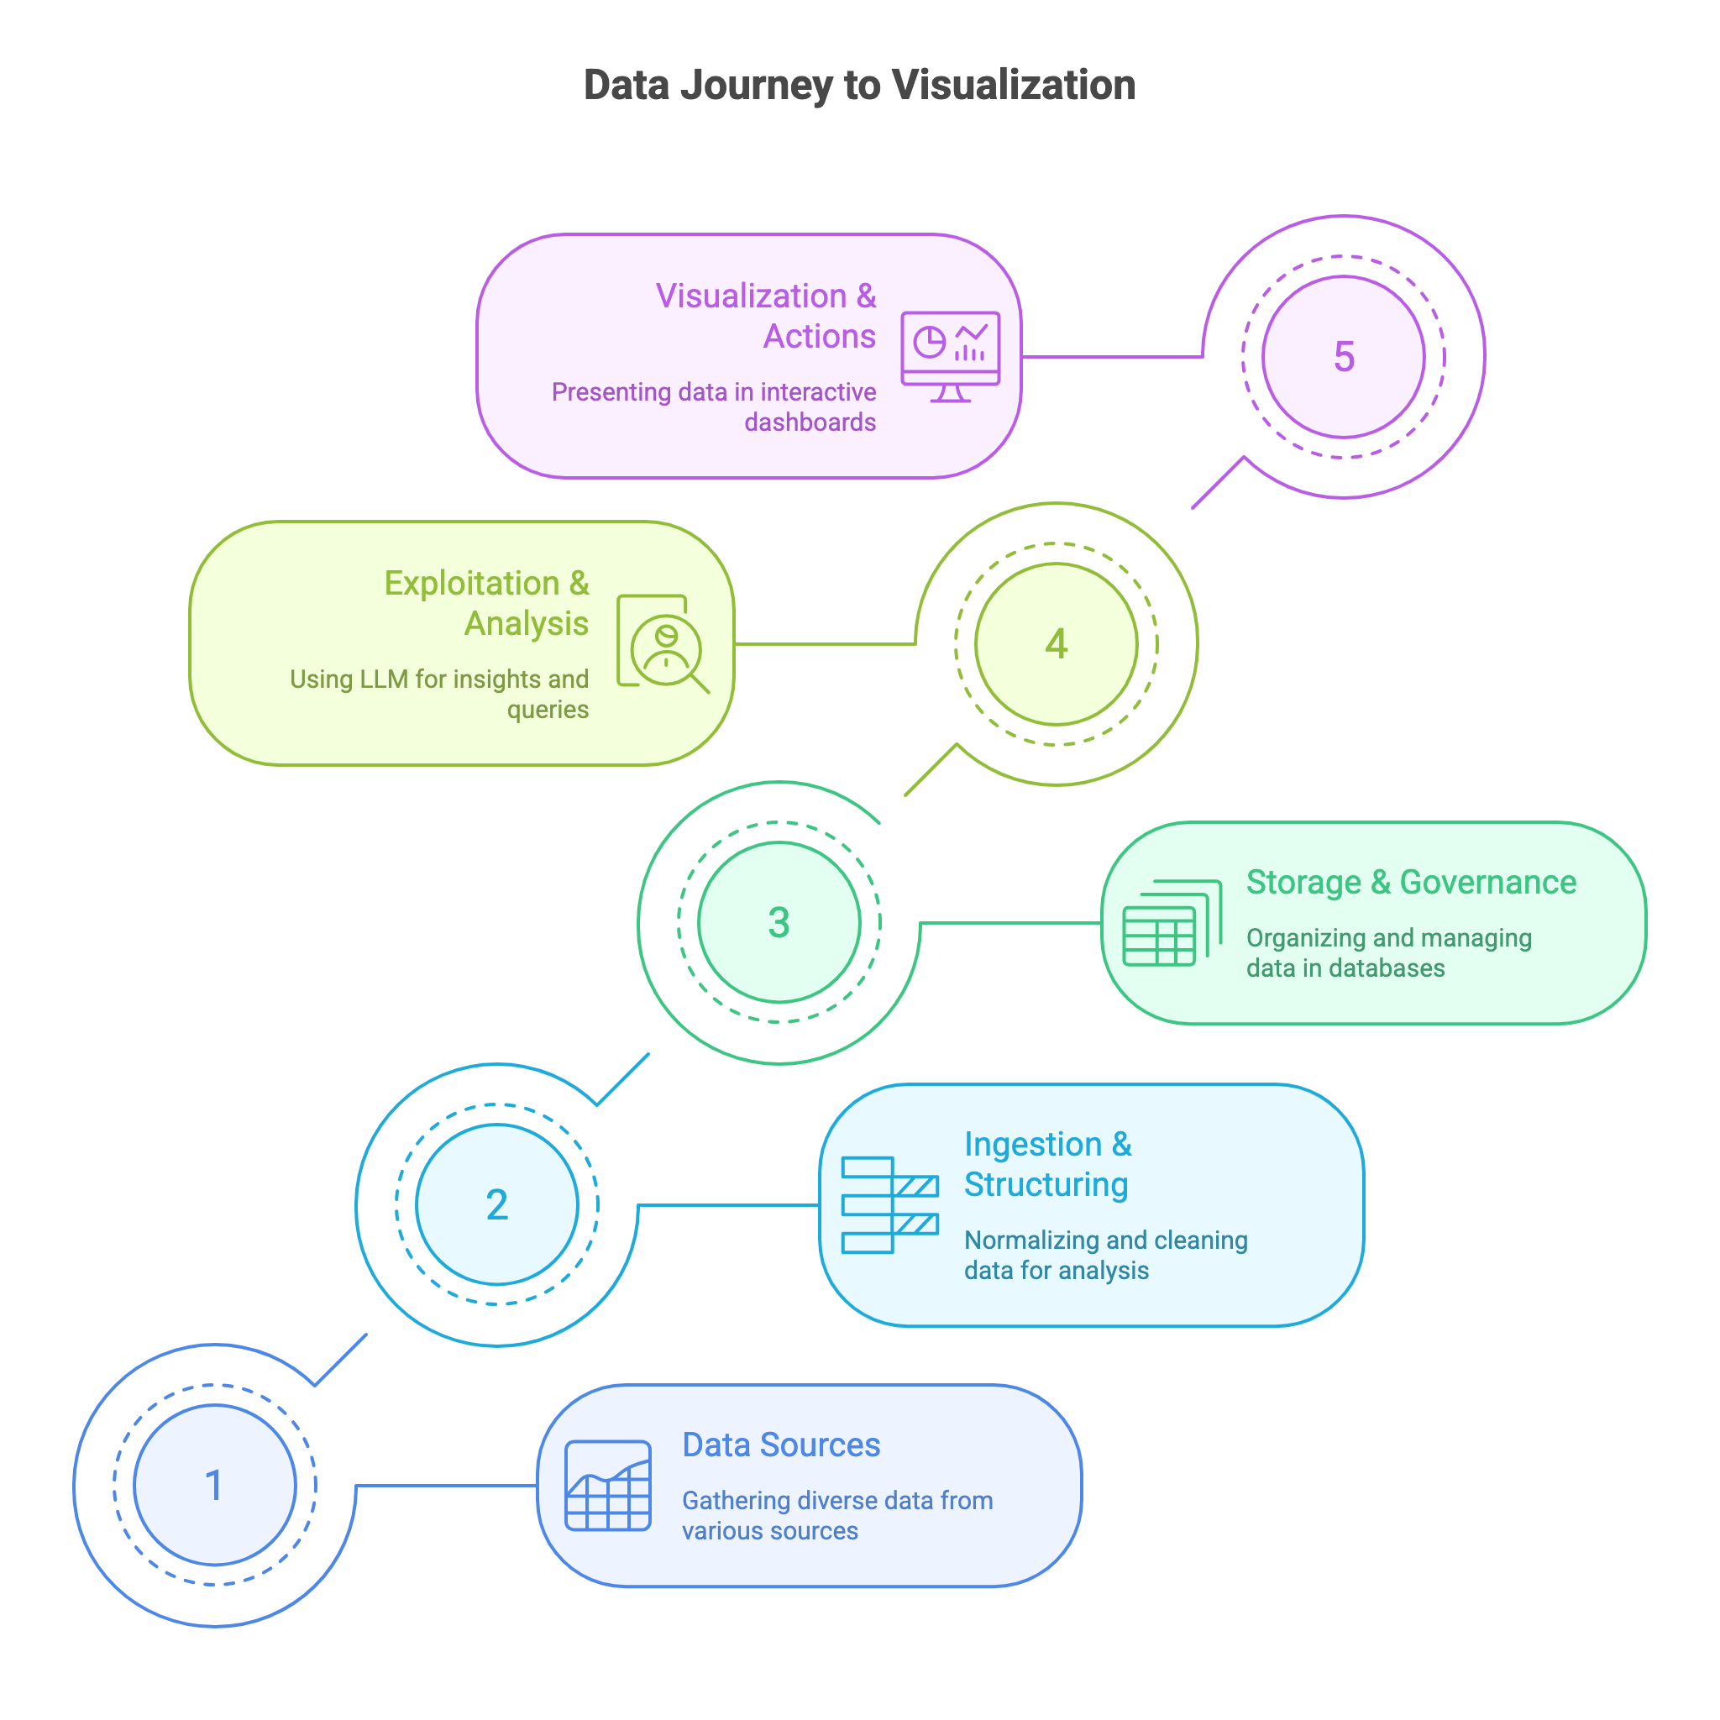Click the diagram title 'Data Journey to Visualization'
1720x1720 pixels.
point(859,86)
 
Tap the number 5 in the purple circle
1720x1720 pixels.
point(1344,357)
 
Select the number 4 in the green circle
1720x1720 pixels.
point(1056,643)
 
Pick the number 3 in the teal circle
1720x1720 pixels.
point(779,922)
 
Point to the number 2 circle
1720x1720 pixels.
point(497,1204)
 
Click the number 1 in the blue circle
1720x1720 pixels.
point(213,1485)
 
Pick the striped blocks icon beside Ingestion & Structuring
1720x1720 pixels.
point(889,1204)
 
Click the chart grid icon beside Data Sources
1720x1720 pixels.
point(608,1485)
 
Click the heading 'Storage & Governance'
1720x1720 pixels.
point(1411,883)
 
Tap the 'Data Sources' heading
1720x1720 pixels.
point(781,1445)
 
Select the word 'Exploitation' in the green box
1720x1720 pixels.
point(472,583)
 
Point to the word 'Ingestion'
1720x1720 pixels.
point(1033,1144)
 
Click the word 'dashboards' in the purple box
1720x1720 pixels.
point(810,422)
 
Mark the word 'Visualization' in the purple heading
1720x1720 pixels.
point(751,296)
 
